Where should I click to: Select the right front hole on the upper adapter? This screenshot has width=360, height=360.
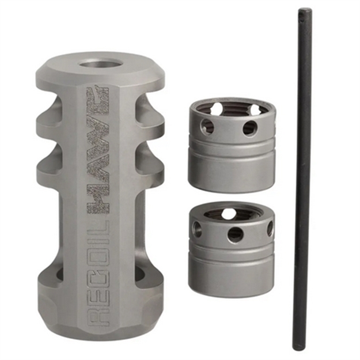[x=249, y=128]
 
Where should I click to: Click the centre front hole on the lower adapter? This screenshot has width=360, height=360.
[x=235, y=234]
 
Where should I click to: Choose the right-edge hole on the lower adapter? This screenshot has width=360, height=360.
[x=270, y=228]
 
